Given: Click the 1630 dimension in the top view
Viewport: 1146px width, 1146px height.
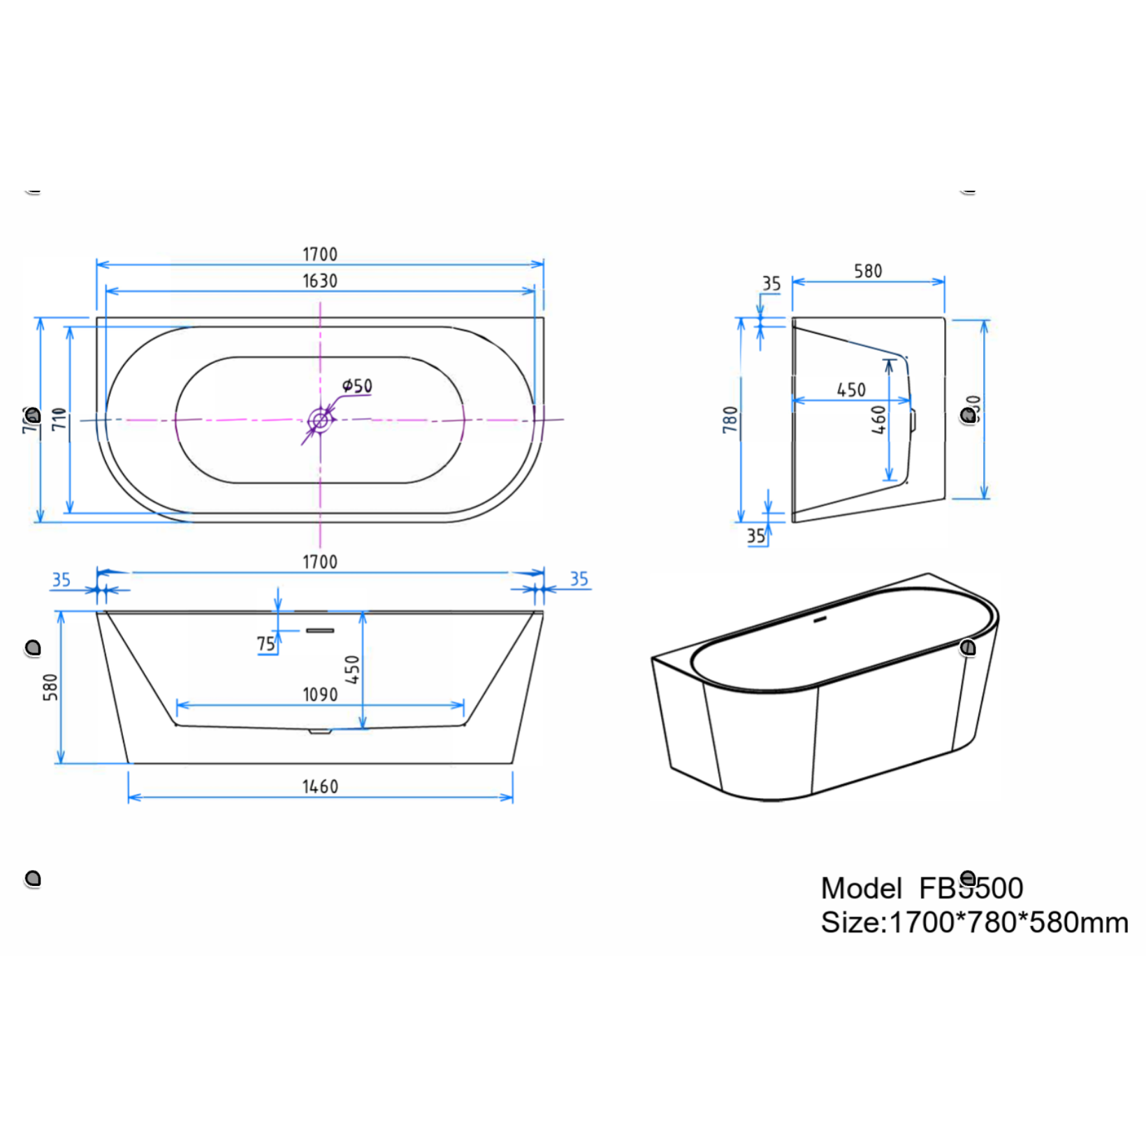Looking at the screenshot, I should click(319, 281).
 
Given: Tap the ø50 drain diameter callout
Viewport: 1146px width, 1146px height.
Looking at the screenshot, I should click(357, 386).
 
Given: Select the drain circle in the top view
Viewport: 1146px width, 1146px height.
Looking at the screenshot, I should click(320, 420).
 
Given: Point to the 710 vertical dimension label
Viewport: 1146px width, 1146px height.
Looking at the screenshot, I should click(59, 419).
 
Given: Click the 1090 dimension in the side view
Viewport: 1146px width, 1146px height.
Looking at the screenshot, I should click(319, 695).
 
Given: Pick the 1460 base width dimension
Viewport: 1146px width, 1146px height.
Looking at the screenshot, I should click(319, 787).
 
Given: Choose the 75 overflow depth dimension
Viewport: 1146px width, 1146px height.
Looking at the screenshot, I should click(266, 644).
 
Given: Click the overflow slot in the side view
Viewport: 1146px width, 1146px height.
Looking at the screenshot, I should click(320, 630).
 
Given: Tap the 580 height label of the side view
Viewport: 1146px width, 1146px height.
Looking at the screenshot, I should click(50, 687).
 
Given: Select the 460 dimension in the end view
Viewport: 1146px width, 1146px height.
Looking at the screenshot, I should click(878, 420).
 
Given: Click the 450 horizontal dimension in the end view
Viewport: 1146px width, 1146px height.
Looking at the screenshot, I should click(850, 390).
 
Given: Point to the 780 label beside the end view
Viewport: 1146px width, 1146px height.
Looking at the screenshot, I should click(730, 420).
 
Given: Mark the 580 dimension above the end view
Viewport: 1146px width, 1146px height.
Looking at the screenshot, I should click(868, 271).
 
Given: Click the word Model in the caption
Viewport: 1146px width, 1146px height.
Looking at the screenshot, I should click(861, 888).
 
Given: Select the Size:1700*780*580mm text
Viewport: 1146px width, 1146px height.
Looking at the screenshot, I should click(974, 922).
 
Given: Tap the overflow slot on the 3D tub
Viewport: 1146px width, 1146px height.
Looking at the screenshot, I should click(820, 619).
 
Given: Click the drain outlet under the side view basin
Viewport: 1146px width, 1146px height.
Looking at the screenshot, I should click(320, 731).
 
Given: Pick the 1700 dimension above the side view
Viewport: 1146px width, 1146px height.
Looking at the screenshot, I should click(319, 562).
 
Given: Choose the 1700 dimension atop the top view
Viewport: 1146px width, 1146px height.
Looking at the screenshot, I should click(319, 254).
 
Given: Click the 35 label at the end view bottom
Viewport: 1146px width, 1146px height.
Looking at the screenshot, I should click(755, 536).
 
